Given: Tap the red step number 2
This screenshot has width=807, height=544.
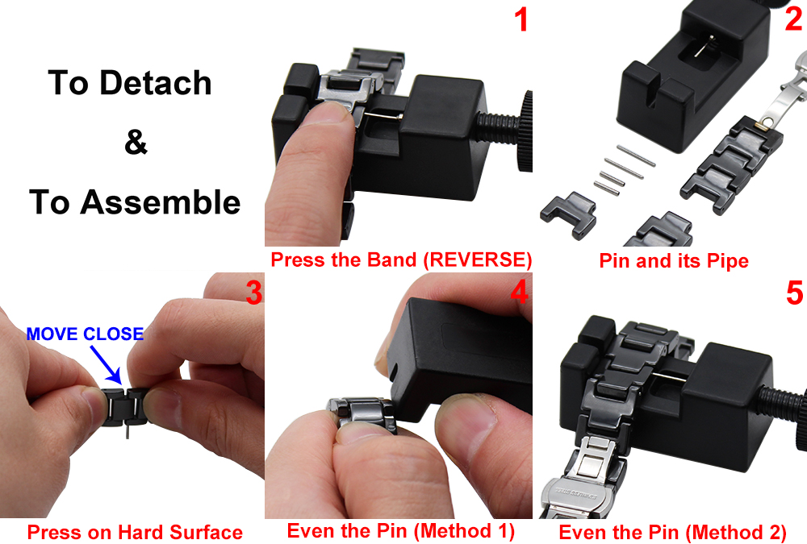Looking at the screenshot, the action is click(794, 19).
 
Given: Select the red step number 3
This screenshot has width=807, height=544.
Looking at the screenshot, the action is click(253, 293).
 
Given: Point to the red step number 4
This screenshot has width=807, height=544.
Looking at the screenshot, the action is click(519, 293).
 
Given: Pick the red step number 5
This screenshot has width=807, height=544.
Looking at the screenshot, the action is click(795, 293).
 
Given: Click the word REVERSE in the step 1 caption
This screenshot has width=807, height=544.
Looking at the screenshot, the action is click(477, 260).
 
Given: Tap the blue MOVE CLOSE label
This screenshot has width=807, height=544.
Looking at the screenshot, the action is click(85, 334).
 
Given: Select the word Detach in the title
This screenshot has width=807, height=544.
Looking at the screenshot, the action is click(156, 83).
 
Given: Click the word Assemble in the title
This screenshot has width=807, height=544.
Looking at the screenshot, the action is click(160, 201).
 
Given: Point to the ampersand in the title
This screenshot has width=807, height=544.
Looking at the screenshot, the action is click(136, 142).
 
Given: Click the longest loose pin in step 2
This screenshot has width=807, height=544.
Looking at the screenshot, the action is click(636, 156).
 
